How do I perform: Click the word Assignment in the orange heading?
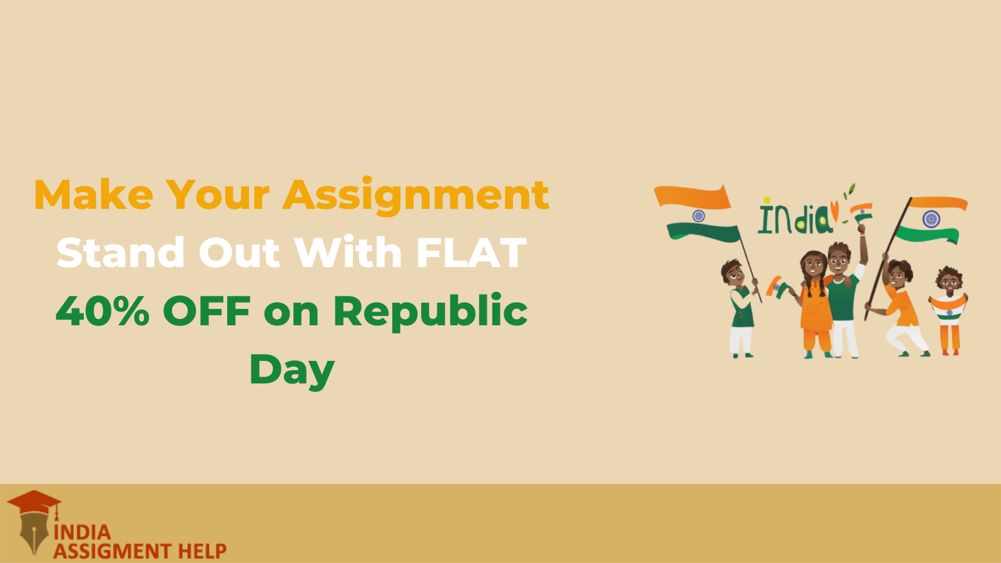[x=416, y=196]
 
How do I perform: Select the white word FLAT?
[x=472, y=253]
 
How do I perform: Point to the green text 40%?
[x=103, y=310]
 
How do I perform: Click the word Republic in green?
[x=430, y=312]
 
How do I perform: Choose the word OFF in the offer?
[x=206, y=310]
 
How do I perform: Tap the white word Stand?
[x=120, y=252]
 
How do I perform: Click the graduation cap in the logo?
[x=34, y=503]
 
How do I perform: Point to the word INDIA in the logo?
[x=82, y=532]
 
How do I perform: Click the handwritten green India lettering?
[x=795, y=219]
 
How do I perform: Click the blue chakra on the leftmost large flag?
[x=698, y=216]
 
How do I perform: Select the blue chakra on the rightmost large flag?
[x=932, y=219]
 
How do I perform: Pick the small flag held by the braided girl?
[x=777, y=287]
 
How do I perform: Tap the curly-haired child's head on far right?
[x=949, y=280]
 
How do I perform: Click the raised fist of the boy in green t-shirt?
[x=861, y=228]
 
